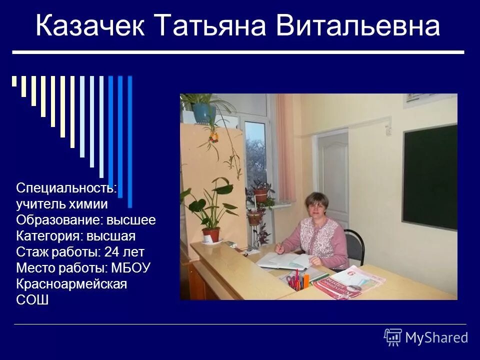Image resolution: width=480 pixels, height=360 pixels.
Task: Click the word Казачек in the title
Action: pyautogui.click(x=90, y=27)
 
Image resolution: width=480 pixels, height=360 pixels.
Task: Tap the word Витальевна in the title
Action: pyautogui.click(x=358, y=27)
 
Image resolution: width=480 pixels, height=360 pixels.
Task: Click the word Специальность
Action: pyautogui.click(x=65, y=188)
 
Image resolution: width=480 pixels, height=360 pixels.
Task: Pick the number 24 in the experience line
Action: pyautogui.click(x=111, y=251)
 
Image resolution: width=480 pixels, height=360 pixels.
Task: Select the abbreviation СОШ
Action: pyautogui.click(x=32, y=300)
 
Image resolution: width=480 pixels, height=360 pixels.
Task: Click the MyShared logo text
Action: pyautogui.click(x=436, y=337)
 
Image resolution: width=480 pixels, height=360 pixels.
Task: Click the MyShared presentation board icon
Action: pyautogui.click(x=393, y=337)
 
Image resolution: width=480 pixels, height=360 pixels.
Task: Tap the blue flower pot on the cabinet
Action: pyautogui.click(x=203, y=112)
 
